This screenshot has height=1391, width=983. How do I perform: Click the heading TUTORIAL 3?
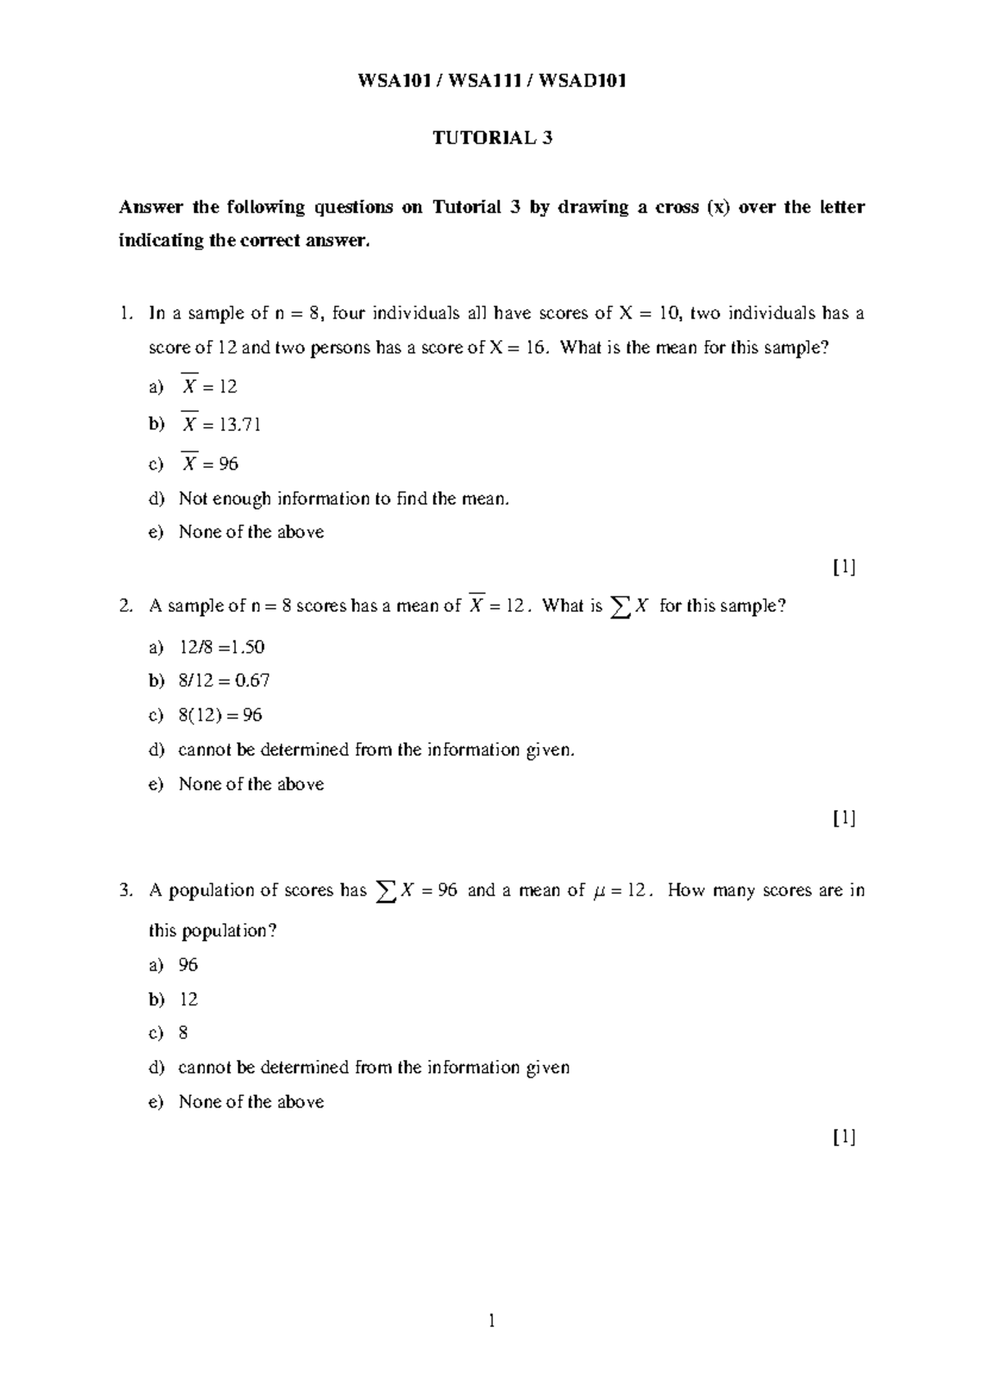[492, 138]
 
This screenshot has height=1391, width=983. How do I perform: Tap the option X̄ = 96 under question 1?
[210, 464]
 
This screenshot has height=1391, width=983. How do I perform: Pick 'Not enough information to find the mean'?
[343, 498]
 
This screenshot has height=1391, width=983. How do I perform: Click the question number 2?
[125, 606]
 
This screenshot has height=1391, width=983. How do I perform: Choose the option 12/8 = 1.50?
[221, 647]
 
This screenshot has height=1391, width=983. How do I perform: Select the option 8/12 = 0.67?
[224, 681]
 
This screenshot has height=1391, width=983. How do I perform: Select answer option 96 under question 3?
[188, 965]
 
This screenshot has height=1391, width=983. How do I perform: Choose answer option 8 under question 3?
[183, 1033]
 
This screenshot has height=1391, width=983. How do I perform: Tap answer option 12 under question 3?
[188, 999]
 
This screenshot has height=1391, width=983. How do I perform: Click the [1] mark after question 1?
[844, 567]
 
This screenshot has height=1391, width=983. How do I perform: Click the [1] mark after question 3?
[844, 1136]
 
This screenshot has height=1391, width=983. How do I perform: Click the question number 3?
[125, 890]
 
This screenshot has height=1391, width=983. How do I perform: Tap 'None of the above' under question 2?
[251, 784]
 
